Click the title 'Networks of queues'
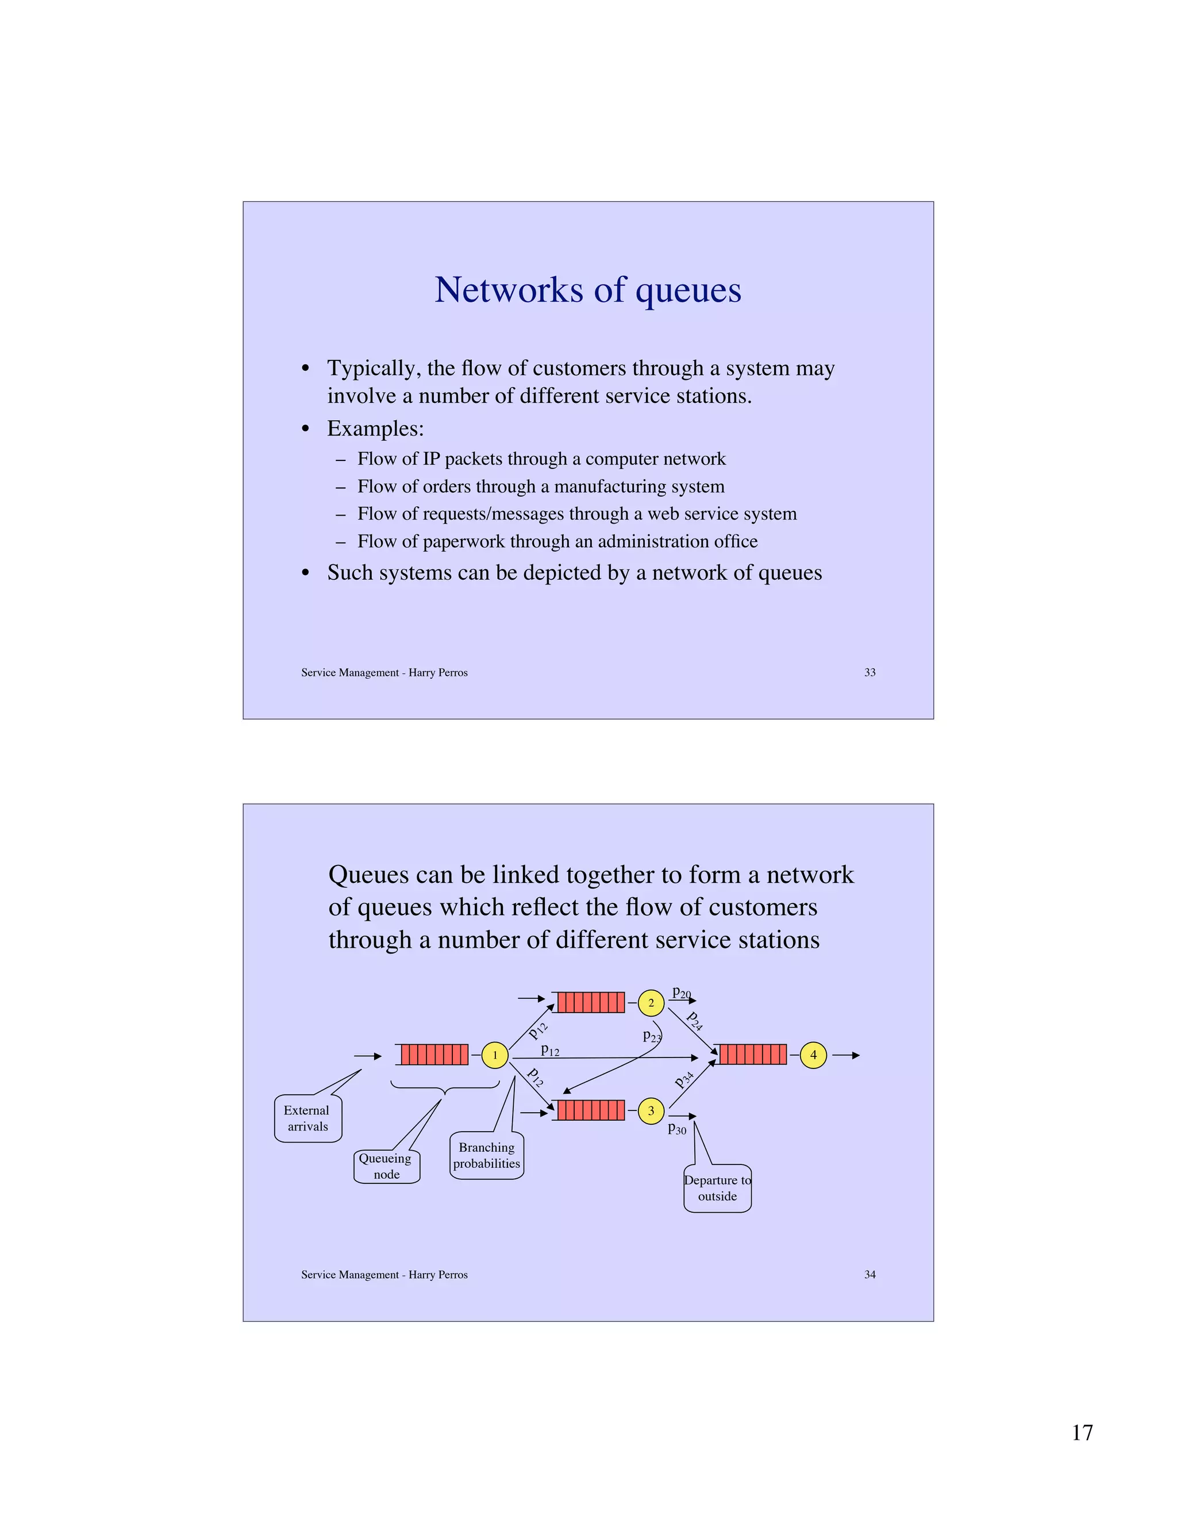pos(588,290)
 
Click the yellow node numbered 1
pos(495,1055)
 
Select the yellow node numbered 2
pos(651,1003)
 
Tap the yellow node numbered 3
pos(651,1111)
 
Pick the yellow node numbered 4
pos(813,1055)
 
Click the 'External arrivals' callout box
pos(307,1118)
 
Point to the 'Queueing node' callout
pos(386,1166)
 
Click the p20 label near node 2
pos(681,993)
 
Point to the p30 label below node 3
pos(677,1129)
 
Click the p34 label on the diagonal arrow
pos(684,1079)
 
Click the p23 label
pos(651,1037)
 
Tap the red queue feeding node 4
pos(753,1055)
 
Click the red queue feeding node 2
pos(591,1003)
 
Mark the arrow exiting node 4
pos(846,1056)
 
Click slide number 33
pos(870,672)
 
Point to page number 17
pos(1082,1433)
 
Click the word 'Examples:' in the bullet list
pos(375,428)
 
